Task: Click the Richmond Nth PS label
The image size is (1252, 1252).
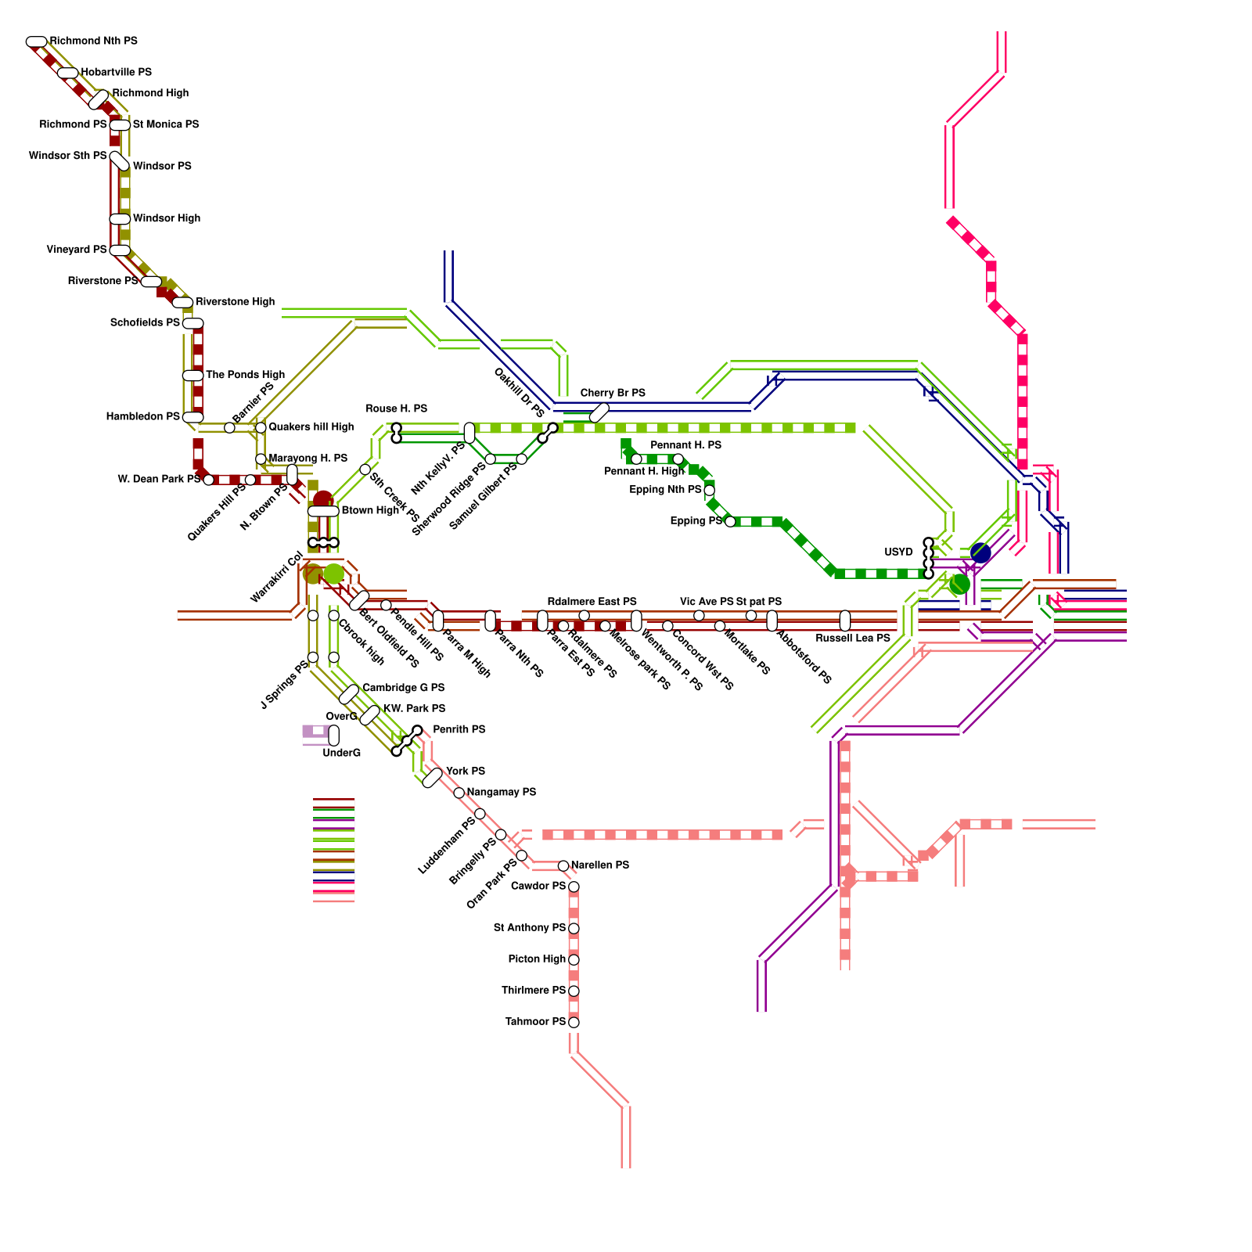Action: pos(93,41)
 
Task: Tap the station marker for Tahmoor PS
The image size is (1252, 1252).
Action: pos(574,1022)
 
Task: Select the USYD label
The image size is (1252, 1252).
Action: pos(898,552)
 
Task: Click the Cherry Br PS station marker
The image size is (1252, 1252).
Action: pos(599,412)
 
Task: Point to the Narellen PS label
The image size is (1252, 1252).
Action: pos(599,865)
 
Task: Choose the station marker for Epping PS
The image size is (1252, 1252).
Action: pos(730,521)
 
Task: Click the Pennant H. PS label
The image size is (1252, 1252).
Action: pos(685,445)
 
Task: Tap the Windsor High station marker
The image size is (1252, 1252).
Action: pos(120,219)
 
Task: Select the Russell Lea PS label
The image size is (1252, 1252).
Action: pos(853,639)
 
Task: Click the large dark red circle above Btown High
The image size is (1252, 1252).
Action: pos(323,499)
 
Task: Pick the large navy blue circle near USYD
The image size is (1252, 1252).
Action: pos(980,552)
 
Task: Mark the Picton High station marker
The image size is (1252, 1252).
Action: pos(574,959)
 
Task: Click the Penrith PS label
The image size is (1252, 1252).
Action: pos(459,729)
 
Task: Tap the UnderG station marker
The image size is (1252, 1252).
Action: pos(334,736)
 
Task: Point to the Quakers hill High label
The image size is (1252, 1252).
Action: pos(311,427)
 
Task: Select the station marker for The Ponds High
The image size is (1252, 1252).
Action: pos(192,376)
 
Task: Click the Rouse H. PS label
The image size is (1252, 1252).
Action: pos(396,408)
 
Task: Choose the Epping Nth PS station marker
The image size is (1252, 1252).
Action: pos(709,491)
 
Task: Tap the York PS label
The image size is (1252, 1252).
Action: pos(465,772)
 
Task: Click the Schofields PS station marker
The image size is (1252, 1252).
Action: pos(192,323)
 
